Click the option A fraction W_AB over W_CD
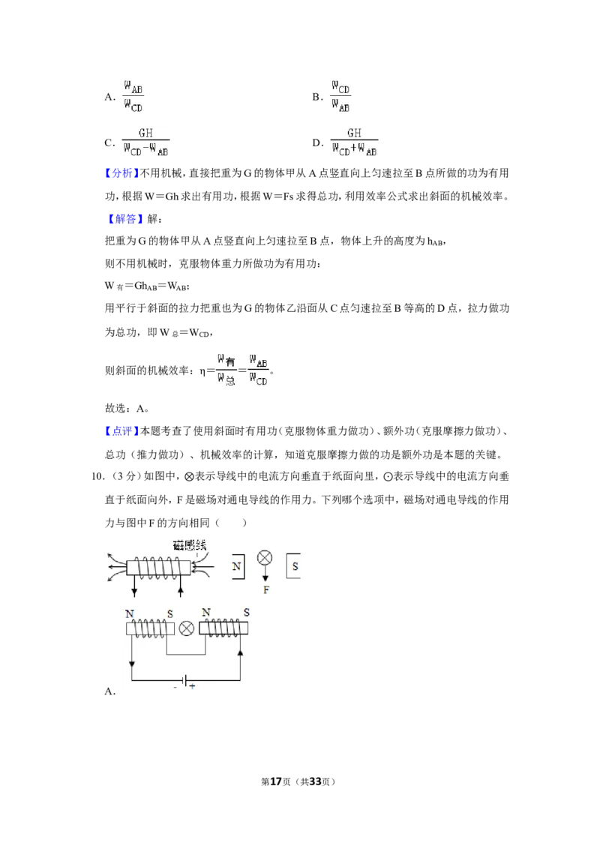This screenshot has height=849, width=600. tap(133, 97)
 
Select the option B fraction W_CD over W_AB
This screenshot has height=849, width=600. tap(340, 97)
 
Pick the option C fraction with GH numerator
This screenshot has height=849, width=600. tap(145, 142)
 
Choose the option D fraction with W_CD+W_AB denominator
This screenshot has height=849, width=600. tap(354, 142)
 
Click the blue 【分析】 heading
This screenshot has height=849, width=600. tap(121, 173)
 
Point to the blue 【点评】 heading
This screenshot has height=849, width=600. tap(121, 431)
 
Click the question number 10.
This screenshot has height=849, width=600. tap(97, 476)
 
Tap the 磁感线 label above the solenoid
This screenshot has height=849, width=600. tap(190, 544)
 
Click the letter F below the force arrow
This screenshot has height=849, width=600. tap(266, 589)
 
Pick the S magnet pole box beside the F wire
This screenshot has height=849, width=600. tap(293, 566)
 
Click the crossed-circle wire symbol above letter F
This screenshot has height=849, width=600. tap(265, 558)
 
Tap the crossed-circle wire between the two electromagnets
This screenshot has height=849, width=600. tap(186, 628)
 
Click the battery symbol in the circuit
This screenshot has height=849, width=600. tap(185, 680)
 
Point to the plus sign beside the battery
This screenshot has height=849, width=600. tap(192, 686)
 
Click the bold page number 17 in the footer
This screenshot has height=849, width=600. tap(276, 781)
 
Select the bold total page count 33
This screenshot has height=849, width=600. tap(315, 781)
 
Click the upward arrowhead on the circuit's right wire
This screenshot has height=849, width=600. tap(241, 653)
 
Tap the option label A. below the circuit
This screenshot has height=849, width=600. tap(110, 691)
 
